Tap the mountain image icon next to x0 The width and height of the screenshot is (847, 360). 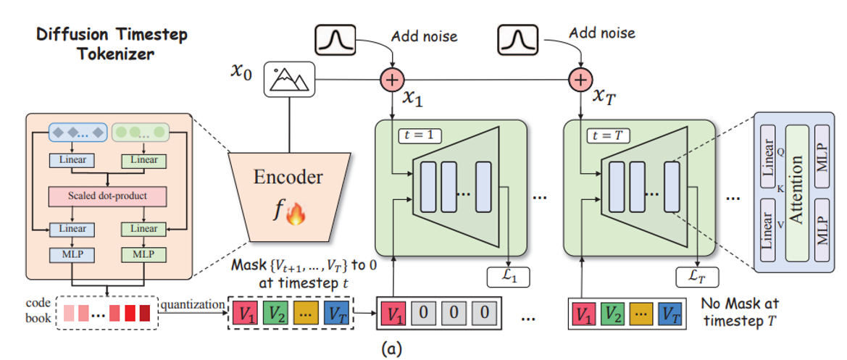(289, 79)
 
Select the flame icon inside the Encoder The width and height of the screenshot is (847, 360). (295, 214)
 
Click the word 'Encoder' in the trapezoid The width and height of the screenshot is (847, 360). (288, 177)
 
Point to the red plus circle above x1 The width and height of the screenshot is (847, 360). (393, 79)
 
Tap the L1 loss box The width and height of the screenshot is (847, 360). (506, 276)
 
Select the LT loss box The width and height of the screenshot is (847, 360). (696, 276)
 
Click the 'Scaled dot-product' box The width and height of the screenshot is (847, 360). (107, 196)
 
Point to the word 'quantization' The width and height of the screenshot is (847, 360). (192, 305)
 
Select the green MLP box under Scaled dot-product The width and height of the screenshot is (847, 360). (145, 255)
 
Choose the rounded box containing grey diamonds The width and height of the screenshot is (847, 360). (77, 133)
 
